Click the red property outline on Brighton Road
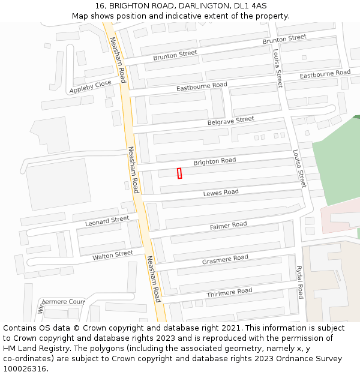click(x=179, y=173)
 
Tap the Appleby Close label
click(x=91, y=87)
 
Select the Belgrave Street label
click(x=230, y=121)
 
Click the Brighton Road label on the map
click(x=214, y=161)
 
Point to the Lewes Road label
click(x=221, y=193)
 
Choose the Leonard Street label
click(x=107, y=221)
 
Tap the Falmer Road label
click(x=228, y=226)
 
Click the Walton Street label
click(x=113, y=255)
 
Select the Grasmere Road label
click(x=225, y=259)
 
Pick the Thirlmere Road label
click(x=229, y=292)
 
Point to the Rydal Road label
click(x=299, y=283)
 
